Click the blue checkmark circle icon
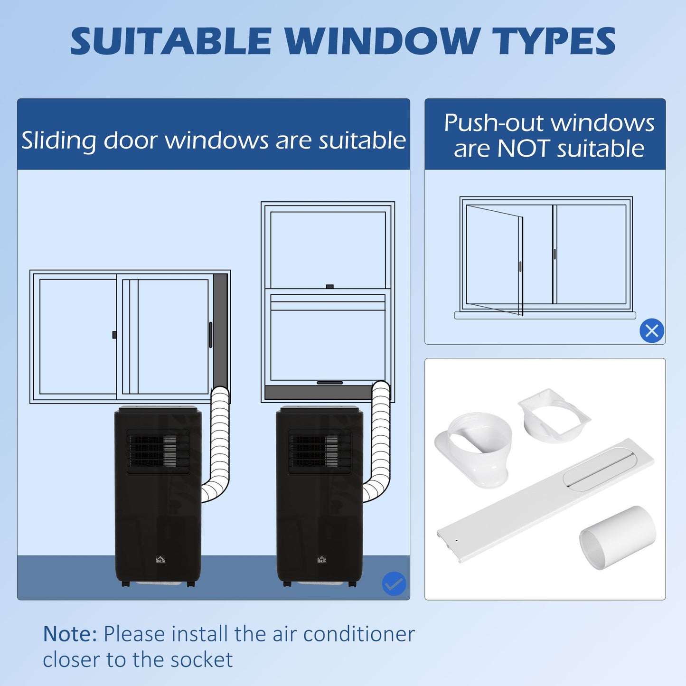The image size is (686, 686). tap(394, 584)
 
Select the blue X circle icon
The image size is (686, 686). tap(651, 331)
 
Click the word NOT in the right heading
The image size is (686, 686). tap(524, 149)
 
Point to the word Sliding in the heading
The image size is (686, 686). tap(59, 141)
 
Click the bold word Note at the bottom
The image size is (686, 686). tap(70, 634)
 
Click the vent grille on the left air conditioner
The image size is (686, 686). tap(158, 451)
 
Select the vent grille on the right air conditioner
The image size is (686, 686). tap(320, 451)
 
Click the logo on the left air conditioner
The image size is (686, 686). tap(160, 560)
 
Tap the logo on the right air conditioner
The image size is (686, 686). tap(322, 560)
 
